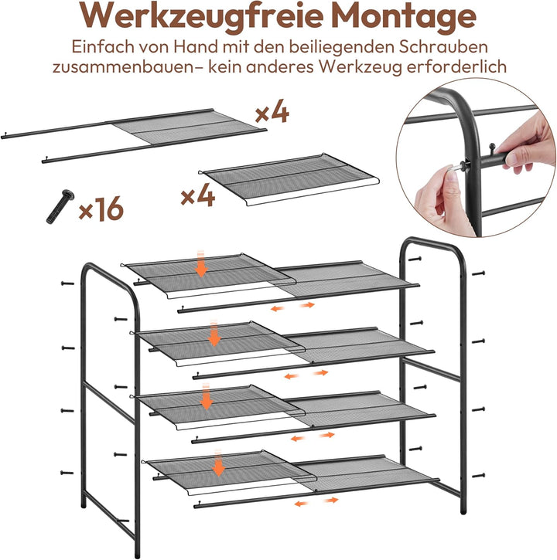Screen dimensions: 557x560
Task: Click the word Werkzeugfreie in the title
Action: pos(201,17)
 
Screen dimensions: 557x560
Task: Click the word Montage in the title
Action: pos(405,17)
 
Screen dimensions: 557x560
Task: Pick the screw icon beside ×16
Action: pos(60,206)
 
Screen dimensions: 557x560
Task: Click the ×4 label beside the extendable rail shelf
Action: pos(272,111)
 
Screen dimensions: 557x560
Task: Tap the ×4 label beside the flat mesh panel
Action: pos(197,195)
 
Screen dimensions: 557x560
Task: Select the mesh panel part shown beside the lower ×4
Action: pos(289,179)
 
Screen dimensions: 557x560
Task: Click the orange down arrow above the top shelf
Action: pos(201,264)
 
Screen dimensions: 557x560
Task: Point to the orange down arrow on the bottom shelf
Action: pos(218,463)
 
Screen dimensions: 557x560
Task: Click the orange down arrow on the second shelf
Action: pos(214,334)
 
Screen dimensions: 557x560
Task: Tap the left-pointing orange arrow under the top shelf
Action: pos(278,308)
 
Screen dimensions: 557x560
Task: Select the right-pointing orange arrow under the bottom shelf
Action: pos(331,500)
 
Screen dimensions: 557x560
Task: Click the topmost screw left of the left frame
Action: pos(67,283)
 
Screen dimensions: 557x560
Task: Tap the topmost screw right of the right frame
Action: pos(478,273)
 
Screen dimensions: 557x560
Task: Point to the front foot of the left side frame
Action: pos(138,553)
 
